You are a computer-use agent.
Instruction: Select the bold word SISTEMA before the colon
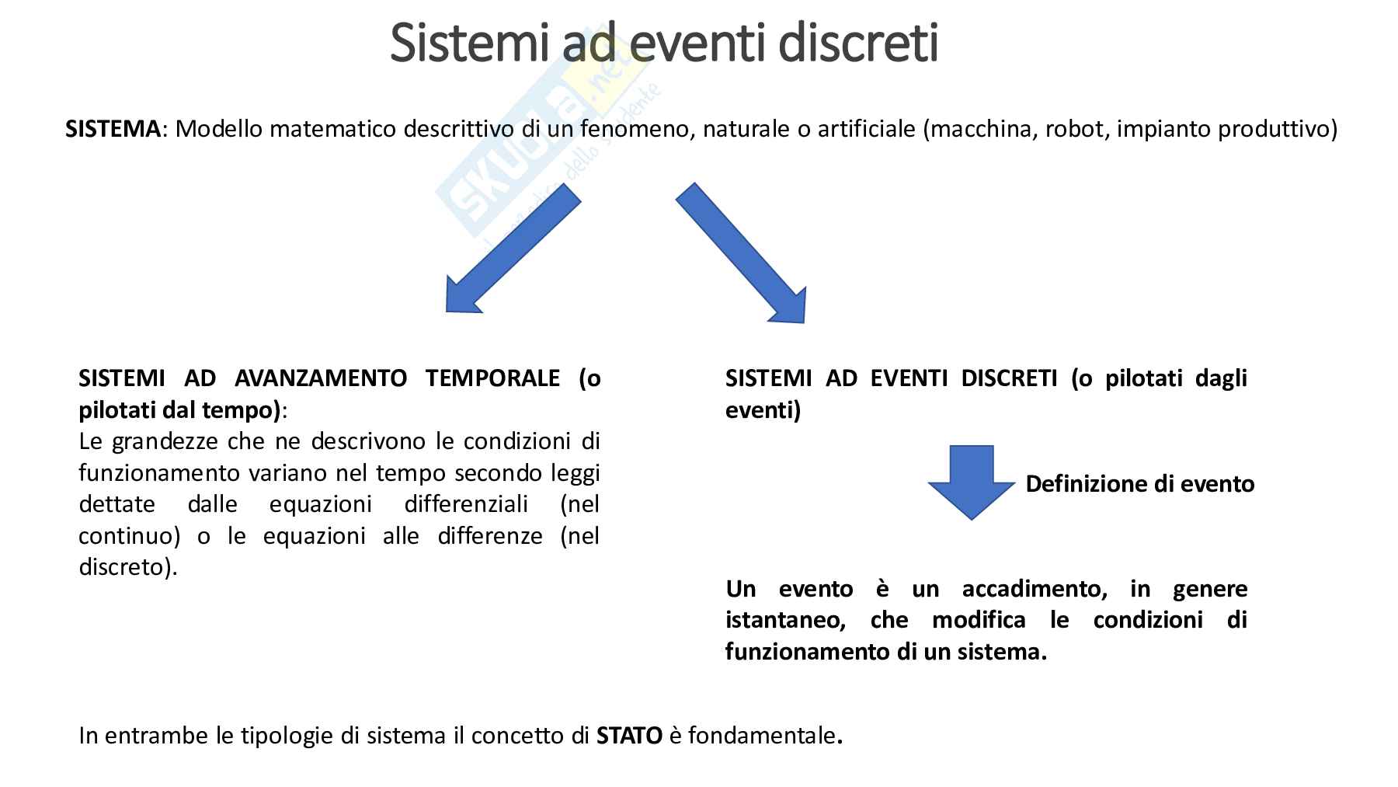(x=113, y=128)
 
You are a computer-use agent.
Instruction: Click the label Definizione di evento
(x=1139, y=484)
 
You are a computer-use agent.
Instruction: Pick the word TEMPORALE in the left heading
(x=492, y=378)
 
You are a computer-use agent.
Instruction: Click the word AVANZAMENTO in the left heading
(x=321, y=378)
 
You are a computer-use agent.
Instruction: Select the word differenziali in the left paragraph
(x=466, y=504)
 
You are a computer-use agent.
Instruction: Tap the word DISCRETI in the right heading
(x=1009, y=378)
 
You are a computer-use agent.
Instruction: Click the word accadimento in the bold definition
(x=1035, y=589)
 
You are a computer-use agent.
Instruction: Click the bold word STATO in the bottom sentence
(x=629, y=735)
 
